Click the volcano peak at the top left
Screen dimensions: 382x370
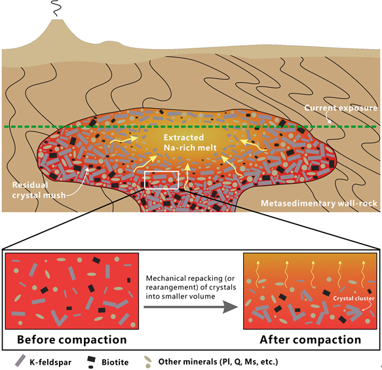click(x=58, y=22)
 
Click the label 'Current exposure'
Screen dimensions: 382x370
click(x=341, y=108)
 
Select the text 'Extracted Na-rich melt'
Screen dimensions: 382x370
click(x=187, y=143)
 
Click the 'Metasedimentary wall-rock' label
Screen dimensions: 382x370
click(x=319, y=203)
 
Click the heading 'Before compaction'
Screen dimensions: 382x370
click(x=72, y=340)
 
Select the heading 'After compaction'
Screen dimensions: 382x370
click(x=311, y=340)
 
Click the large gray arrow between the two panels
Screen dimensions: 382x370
click(x=191, y=307)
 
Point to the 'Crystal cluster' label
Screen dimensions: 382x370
click(x=353, y=299)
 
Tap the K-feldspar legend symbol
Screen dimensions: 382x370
click(x=20, y=361)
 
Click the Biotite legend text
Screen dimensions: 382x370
click(x=115, y=362)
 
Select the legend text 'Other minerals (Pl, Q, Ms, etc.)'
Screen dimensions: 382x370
click(x=218, y=361)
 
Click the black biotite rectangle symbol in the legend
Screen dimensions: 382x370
click(x=91, y=360)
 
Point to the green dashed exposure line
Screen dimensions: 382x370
click(x=190, y=126)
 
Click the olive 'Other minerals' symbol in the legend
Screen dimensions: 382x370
click(x=147, y=362)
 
